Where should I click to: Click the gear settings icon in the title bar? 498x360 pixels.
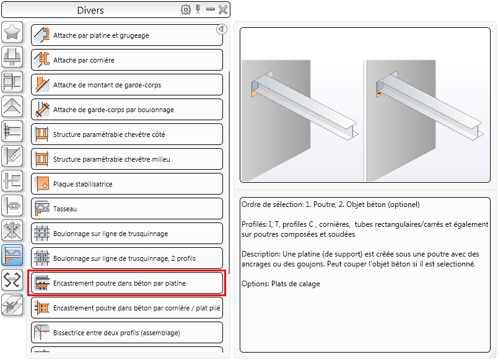point(186,10)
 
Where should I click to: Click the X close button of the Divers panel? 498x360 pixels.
point(223,10)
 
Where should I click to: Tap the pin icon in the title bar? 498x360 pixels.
point(198,9)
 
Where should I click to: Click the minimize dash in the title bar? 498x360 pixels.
point(210,9)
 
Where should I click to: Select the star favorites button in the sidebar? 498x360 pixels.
point(12,32)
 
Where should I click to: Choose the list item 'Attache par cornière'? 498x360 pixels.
point(127,60)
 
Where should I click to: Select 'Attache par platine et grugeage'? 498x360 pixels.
point(127,35)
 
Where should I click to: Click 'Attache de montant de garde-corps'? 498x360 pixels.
point(127,85)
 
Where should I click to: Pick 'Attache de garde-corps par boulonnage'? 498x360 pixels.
point(127,110)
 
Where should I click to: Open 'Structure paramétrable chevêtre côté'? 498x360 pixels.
point(127,134)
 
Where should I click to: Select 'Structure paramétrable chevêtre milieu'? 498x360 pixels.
point(127,159)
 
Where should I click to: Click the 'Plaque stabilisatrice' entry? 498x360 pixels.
point(127,184)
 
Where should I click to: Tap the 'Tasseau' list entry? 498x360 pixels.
point(127,209)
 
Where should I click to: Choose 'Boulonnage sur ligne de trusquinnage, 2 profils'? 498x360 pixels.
point(127,258)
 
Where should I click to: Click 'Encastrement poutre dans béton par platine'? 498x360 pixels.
point(127,283)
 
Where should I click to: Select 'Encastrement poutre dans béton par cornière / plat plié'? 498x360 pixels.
point(127,308)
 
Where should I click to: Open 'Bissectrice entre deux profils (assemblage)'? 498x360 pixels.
point(127,333)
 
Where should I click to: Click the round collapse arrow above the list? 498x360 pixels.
point(222,29)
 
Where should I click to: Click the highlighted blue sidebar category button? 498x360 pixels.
point(12,255)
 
